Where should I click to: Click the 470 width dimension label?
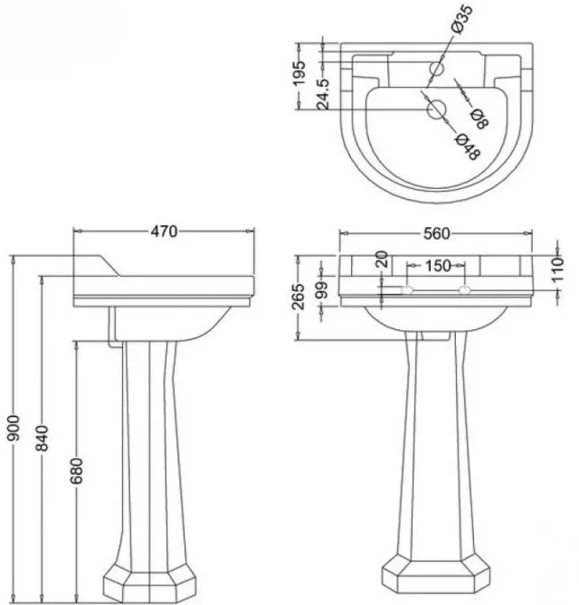tap(163, 232)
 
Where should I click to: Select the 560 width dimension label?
tap(436, 233)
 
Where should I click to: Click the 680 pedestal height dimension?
tap(77, 472)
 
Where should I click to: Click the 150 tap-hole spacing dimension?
tap(438, 266)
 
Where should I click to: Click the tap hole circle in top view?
tap(436, 70)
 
